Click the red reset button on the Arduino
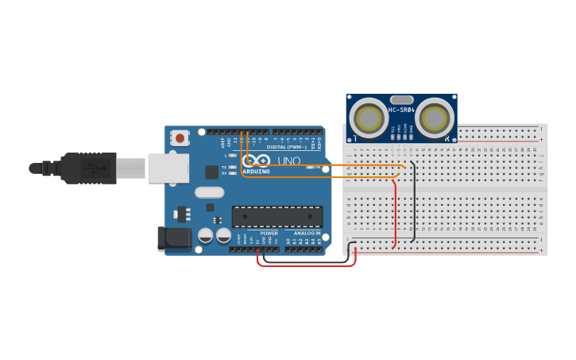[x=180, y=138]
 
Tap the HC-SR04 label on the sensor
[x=401, y=110]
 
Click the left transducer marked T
[x=369, y=118]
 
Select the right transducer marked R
[x=434, y=118]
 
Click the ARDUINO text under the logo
[x=256, y=171]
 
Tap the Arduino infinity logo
[x=256, y=161]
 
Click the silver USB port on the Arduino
[x=168, y=168]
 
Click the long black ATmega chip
[x=277, y=216]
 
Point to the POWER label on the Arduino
[x=269, y=233]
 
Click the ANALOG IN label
[x=307, y=233]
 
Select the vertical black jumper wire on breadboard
[x=413, y=203]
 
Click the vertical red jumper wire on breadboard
[x=395, y=215]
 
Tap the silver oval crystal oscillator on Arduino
[x=210, y=192]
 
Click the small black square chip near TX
[x=211, y=171]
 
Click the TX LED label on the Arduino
[x=224, y=168]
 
